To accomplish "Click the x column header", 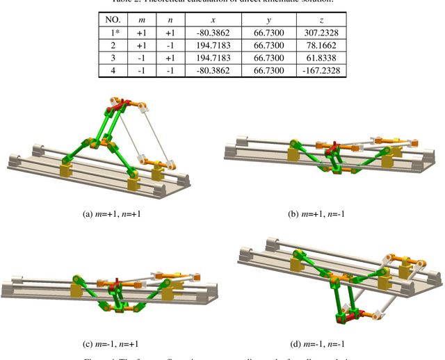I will (213, 20).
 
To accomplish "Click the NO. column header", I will (111, 20).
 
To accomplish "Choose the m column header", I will (143, 20).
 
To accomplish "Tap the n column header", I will (169, 20).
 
